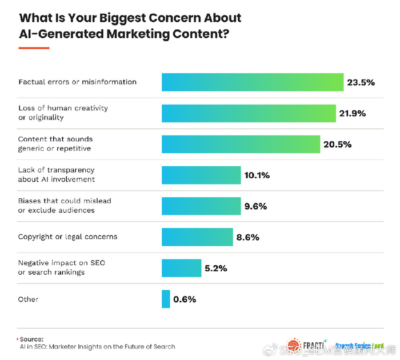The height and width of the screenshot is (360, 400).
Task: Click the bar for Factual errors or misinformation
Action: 252,82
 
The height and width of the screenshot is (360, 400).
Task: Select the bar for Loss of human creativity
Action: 249,113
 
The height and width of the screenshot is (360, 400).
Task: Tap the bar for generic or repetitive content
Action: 241,144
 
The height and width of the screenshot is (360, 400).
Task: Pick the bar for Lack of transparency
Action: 201,175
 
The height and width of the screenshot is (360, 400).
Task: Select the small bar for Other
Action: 166,299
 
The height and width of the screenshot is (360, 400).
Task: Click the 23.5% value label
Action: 361,82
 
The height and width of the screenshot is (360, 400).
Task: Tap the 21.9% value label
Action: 352,113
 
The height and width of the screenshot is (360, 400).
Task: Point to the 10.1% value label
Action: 257,175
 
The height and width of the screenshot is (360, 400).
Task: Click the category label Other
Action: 29,299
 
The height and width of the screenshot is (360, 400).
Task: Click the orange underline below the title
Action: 34,47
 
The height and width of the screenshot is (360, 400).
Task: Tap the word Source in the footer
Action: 33,339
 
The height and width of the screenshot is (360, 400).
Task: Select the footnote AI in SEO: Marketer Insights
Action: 97,347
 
